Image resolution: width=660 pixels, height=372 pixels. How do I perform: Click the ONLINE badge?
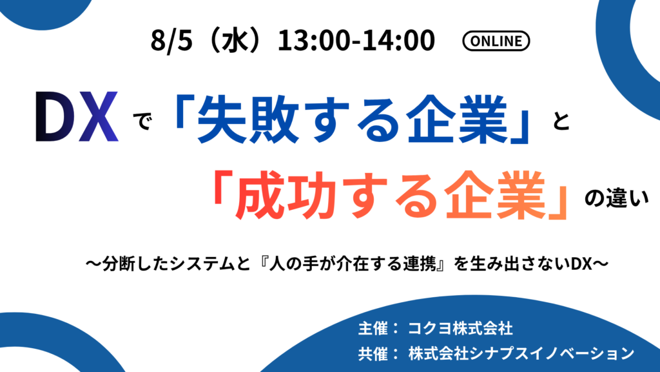coord(496,41)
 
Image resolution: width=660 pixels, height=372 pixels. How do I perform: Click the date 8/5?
coord(171,41)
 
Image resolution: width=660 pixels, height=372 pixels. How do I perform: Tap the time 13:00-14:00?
coord(356,41)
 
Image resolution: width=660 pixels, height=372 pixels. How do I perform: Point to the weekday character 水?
coord(234,41)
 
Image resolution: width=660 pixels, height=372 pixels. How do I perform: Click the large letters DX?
coord(77,116)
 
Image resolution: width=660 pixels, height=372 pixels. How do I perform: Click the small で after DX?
coord(142,122)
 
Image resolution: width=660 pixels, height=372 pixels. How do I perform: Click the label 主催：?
coord(377,328)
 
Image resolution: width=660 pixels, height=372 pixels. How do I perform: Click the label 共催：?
coord(377,353)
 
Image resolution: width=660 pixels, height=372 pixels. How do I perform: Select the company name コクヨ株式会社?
coord(460,328)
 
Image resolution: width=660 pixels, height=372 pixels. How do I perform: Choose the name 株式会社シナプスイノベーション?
coord(521,353)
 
